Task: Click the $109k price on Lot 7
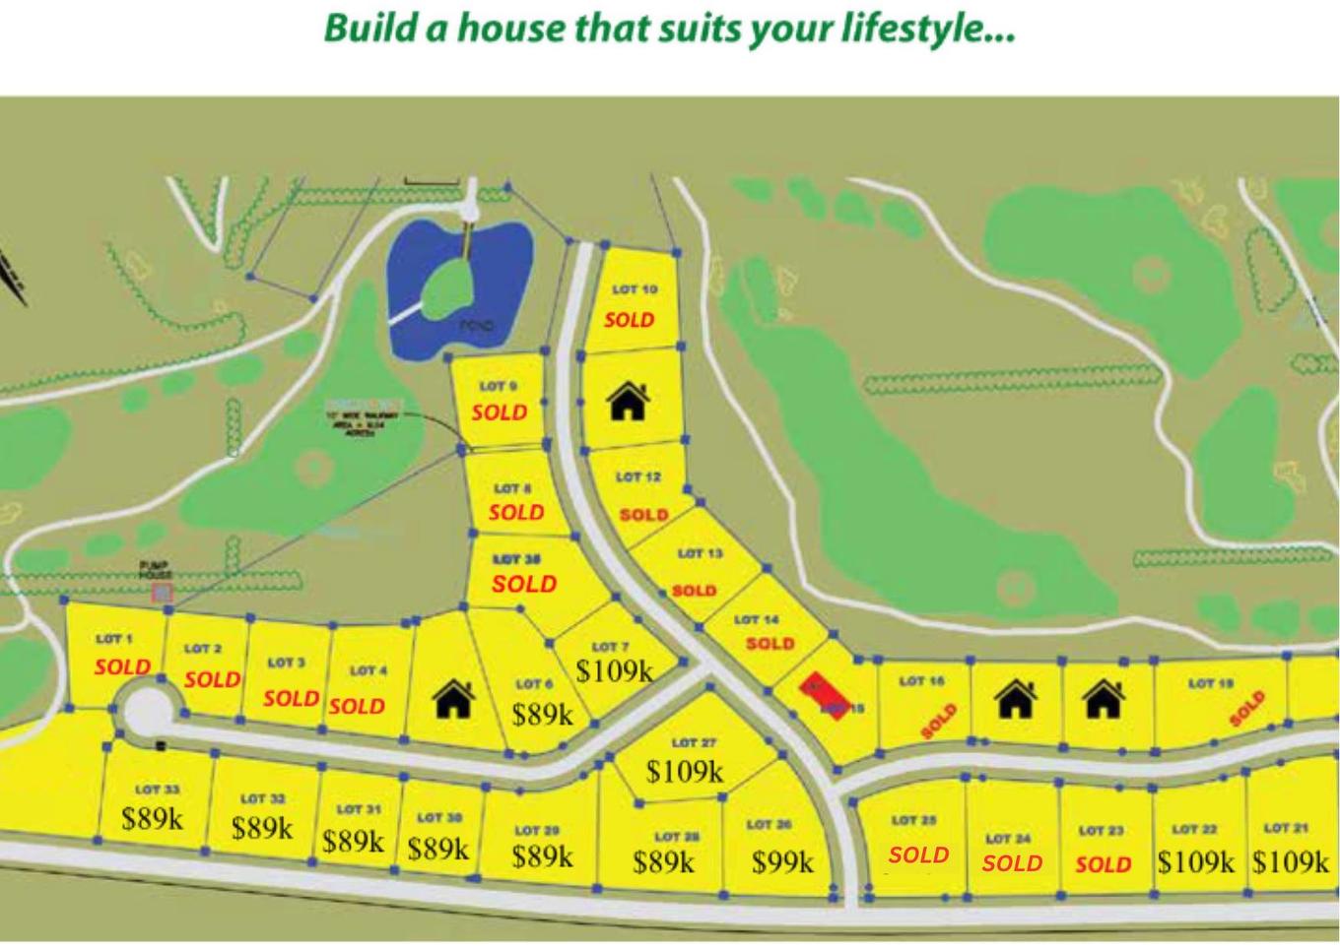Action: coord(614,671)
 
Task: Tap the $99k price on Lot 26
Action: coord(783,862)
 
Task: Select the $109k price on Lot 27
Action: coord(685,771)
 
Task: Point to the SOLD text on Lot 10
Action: coord(630,320)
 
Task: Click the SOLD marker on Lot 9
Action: coord(500,412)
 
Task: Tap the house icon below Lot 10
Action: coord(628,401)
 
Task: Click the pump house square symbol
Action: coord(162,593)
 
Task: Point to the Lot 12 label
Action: coord(638,477)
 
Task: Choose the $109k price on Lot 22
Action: coord(1195,862)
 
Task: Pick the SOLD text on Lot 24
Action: coord(1012,863)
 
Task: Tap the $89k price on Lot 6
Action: coord(542,714)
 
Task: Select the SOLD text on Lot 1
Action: coord(122,666)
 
